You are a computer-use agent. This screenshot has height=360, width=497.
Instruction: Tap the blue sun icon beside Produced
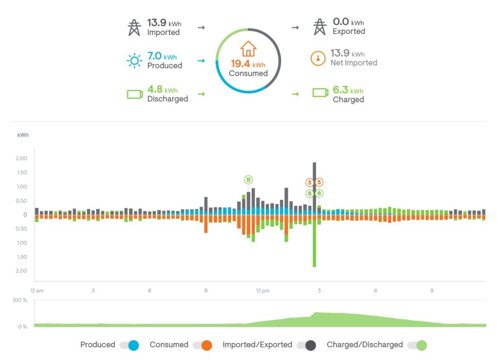click(134, 60)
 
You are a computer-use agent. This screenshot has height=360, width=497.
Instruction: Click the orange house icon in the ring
click(248, 49)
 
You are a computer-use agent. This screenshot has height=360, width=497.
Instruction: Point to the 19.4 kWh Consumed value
click(248, 64)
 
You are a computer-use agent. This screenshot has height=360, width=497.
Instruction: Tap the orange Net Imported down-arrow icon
click(318, 59)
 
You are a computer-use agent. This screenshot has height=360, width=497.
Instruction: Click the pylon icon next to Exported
click(319, 27)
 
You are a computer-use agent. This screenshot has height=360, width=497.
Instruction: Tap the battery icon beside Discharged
click(134, 94)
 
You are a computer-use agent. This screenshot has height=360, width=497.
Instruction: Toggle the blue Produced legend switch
click(130, 345)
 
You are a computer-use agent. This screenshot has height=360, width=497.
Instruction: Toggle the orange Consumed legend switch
click(202, 345)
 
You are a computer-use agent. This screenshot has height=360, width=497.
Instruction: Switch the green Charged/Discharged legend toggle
click(417, 345)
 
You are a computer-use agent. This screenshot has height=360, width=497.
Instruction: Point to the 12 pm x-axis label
click(262, 291)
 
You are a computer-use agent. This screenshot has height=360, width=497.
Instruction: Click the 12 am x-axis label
click(36, 291)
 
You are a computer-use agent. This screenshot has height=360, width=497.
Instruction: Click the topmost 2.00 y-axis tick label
click(21, 158)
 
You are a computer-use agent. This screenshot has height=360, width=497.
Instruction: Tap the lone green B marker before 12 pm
click(248, 180)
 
